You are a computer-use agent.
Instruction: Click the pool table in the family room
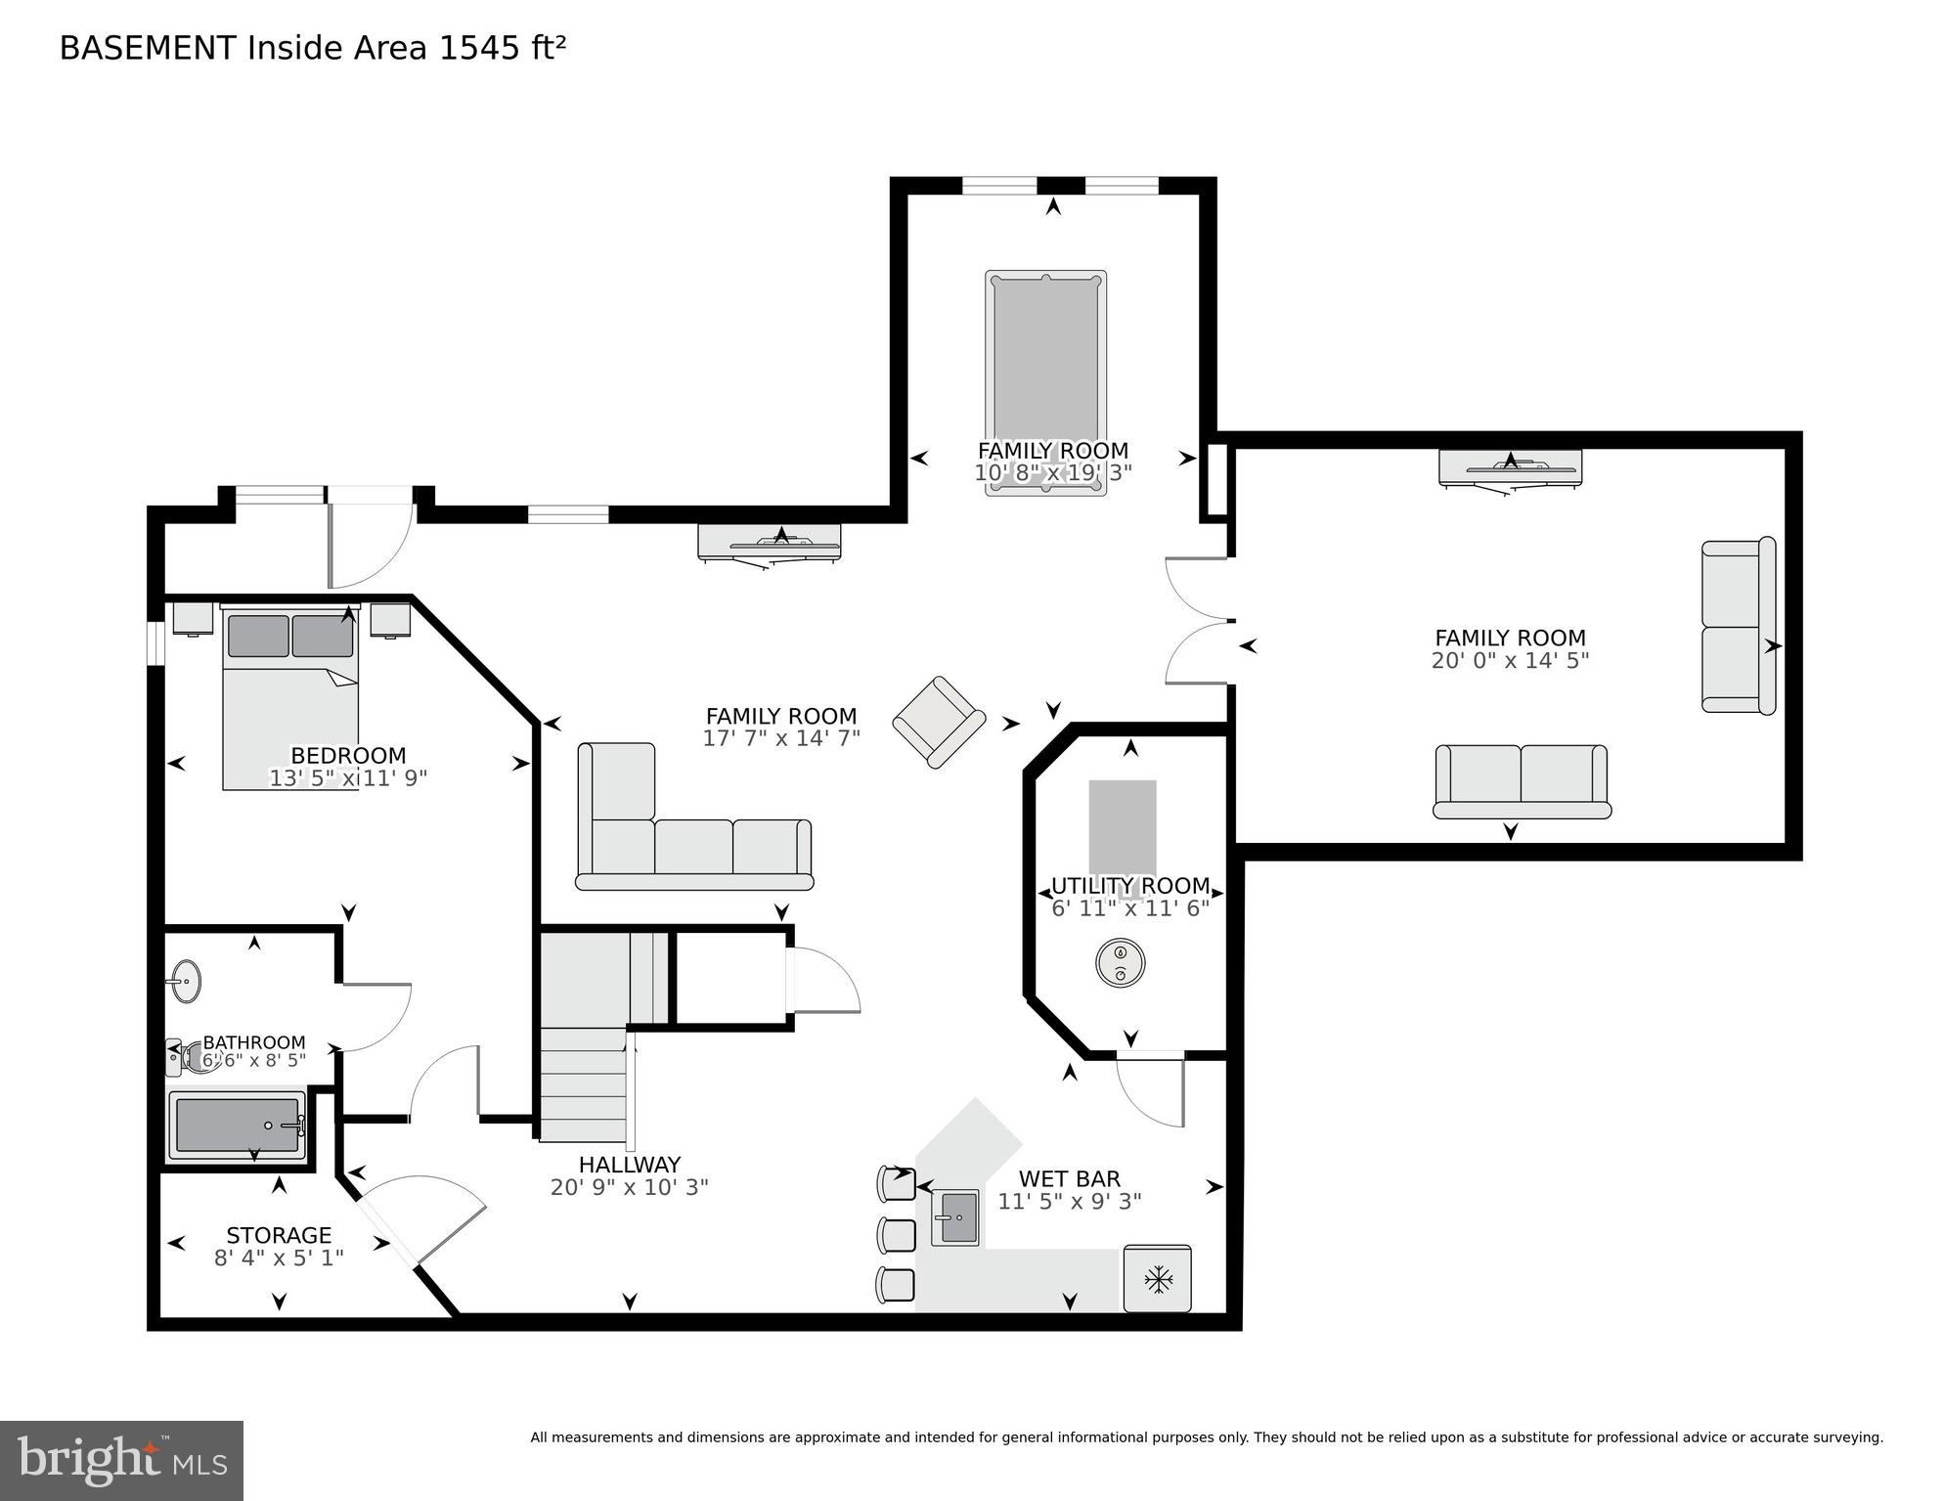click(1045, 382)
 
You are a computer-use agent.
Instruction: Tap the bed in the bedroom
click(290, 698)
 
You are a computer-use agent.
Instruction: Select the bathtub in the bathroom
click(238, 1125)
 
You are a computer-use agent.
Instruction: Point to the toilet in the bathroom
click(194, 1055)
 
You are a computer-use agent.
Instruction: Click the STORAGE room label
click(279, 1235)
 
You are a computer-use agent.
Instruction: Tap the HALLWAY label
click(630, 1165)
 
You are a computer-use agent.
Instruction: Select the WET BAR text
click(1070, 1179)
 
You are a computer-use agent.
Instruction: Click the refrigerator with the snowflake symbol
click(1158, 1278)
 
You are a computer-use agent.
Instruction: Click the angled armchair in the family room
click(939, 722)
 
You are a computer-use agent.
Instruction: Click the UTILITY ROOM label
click(1130, 886)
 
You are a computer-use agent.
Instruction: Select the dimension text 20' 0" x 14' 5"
click(1510, 661)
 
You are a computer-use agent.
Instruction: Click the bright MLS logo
click(121, 1461)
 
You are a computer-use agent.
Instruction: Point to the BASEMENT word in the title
click(148, 48)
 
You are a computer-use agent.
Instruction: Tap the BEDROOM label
click(348, 756)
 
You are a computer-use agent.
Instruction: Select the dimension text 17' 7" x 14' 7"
click(781, 738)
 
